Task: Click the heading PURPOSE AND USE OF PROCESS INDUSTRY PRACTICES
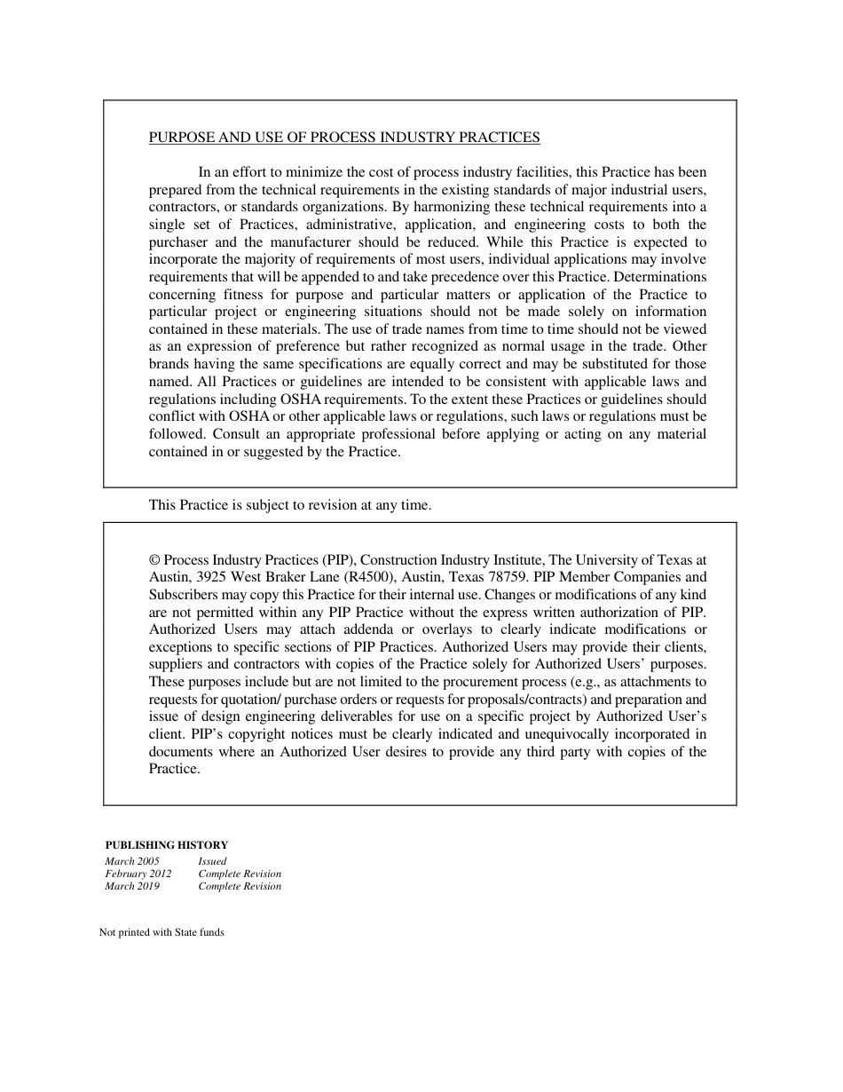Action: coord(343,138)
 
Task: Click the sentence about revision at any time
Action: coord(289,505)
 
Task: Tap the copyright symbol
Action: coord(154,560)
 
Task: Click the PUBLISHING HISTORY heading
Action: coord(166,845)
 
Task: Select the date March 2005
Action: coord(132,861)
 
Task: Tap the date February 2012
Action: coord(138,874)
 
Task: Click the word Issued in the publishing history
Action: coord(212,861)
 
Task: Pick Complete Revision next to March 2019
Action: coord(240,886)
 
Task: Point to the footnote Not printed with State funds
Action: coord(162,932)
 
